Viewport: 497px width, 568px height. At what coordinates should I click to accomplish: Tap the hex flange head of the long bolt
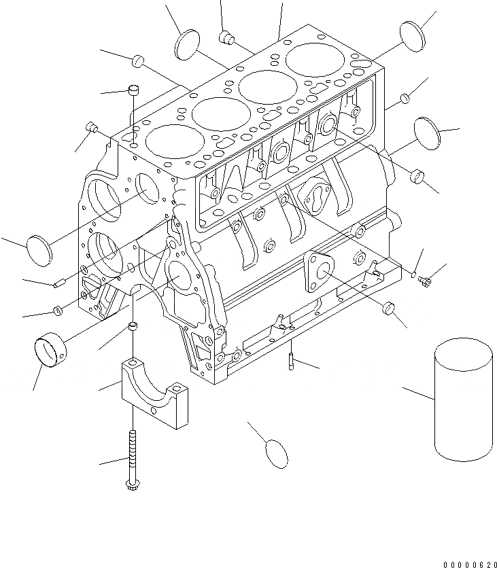tap(131, 484)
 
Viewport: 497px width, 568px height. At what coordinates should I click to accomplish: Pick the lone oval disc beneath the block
tap(275, 453)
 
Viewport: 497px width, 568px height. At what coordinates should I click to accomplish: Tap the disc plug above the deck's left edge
tap(188, 45)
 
